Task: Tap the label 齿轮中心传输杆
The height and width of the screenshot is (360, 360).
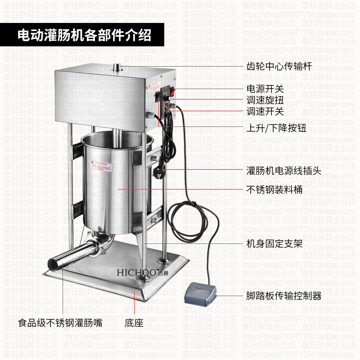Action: tap(279, 67)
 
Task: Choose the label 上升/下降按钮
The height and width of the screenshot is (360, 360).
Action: tap(276, 128)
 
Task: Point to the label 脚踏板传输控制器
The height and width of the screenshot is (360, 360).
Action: tap(283, 296)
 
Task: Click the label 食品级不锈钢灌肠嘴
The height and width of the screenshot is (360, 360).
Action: tap(64, 323)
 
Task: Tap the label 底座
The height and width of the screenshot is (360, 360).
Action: tap(134, 323)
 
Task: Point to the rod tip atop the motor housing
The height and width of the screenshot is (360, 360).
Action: tap(118, 67)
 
